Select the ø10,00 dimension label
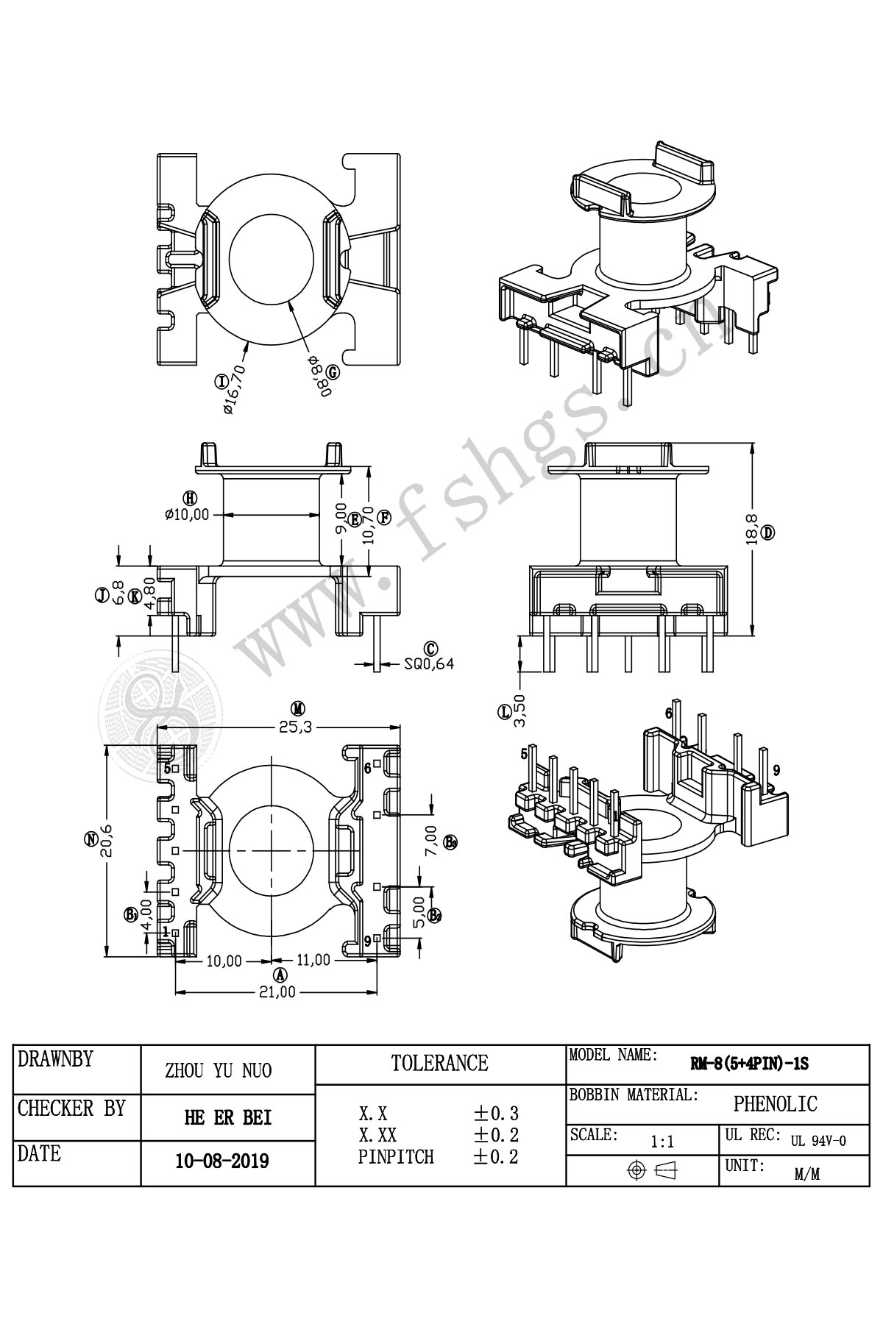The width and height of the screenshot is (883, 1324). (x=187, y=515)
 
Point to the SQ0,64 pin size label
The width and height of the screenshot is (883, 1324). (x=429, y=663)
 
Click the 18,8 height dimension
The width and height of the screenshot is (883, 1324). (x=751, y=529)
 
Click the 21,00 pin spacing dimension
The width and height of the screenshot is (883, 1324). (x=277, y=992)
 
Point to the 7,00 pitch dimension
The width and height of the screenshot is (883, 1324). (x=432, y=839)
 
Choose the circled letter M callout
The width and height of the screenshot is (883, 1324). (x=297, y=709)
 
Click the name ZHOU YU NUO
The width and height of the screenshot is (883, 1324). (x=218, y=1070)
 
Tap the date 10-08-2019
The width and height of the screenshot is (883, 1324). (x=222, y=1161)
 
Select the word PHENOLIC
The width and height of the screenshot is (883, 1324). (x=775, y=1104)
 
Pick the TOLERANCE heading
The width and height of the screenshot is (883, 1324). (x=439, y=1063)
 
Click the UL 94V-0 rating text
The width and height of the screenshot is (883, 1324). (x=818, y=1142)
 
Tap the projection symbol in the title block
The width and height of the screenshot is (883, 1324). (x=651, y=1170)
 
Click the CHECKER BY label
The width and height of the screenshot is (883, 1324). (x=71, y=1108)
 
